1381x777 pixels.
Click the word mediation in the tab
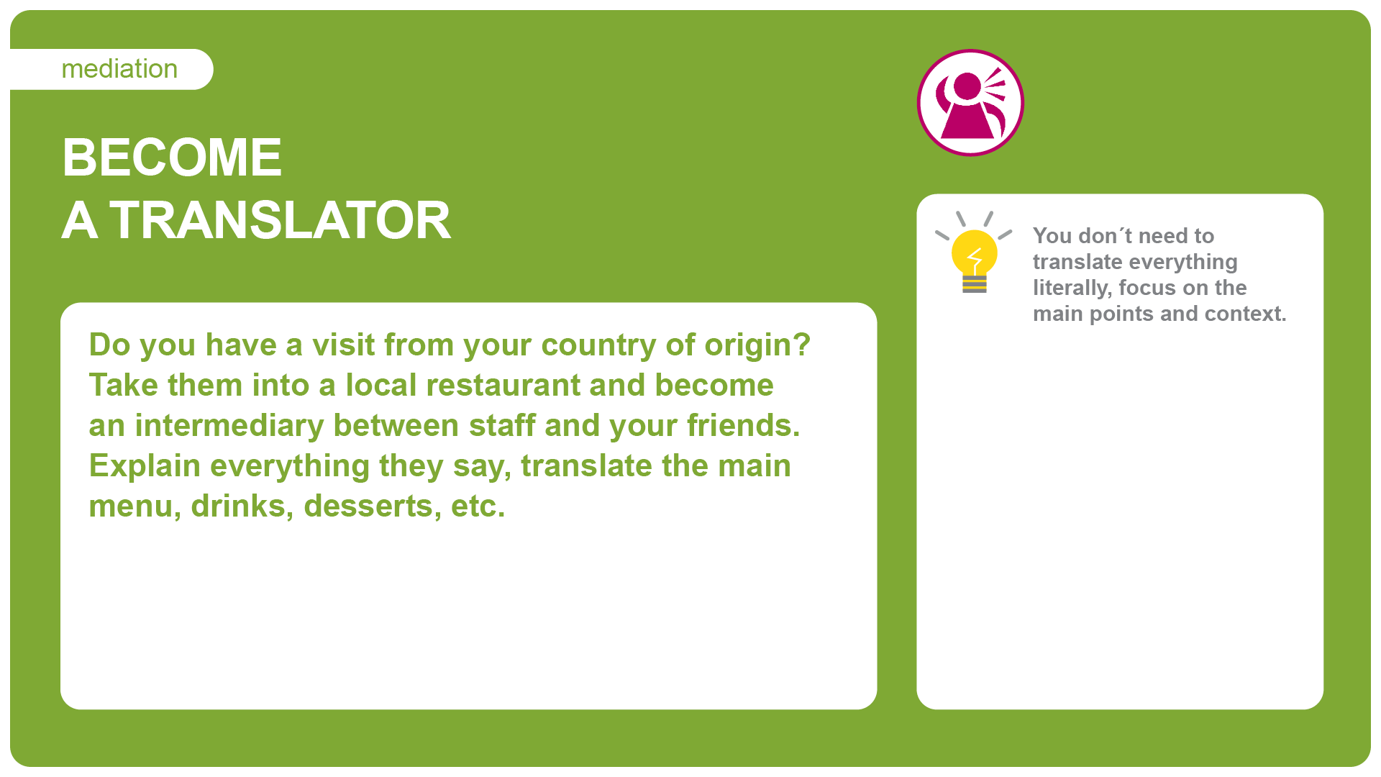pyautogui.click(x=119, y=69)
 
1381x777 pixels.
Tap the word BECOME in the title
pyautogui.click(x=172, y=157)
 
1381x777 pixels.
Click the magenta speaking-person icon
pyautogui.click(x=970, y=103)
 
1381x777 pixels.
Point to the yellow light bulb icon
pyautogui.click(x=974, y=253)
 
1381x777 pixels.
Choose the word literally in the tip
pyautogui.click(x=1072, y=288)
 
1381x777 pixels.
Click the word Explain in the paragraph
pyautogui.click(x=145, y=466)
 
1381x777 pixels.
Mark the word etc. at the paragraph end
pyautogui.click(x=478, y=506)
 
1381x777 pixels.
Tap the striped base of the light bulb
pyautogui.click(x=975, y=284)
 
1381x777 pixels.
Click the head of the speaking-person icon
pyautogui.click(x=967, y=86)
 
